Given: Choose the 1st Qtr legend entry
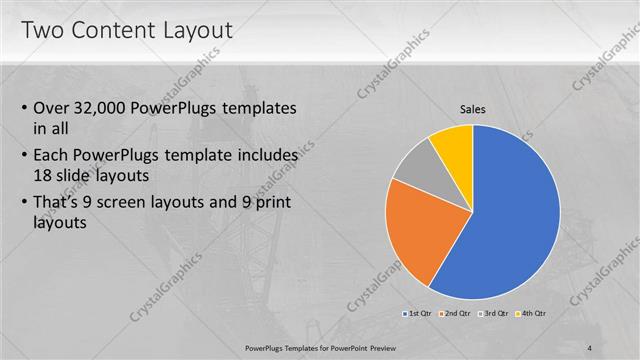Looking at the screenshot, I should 419,313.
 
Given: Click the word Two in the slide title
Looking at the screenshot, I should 43,30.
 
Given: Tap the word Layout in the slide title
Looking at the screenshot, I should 197,30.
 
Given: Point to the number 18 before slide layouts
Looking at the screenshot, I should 43,174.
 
